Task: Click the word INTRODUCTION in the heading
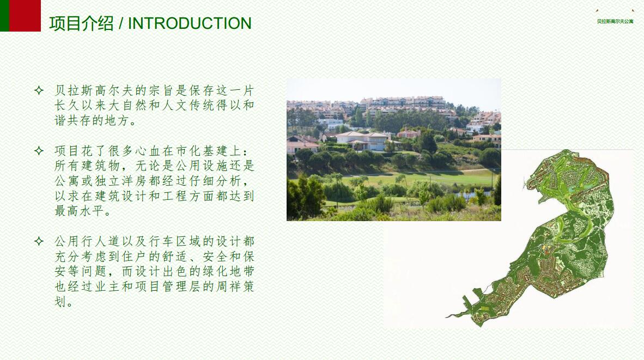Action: pos(190,23)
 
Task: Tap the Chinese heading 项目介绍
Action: pos(81,23)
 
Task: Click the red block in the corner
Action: pos(25,16)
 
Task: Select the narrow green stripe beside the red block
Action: pos(4,16)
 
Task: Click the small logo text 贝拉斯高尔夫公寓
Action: pos(615,21)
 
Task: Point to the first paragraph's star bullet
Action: pos(39,90)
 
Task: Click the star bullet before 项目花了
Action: pos(39,151)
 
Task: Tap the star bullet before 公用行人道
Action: pos(39,241)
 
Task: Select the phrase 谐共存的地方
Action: pos(91,121)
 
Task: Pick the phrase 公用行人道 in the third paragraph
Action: pos(87,241)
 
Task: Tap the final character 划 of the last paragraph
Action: pos(60,302)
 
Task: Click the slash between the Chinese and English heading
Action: pos(121,23)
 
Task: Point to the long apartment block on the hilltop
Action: pos(403,102)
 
